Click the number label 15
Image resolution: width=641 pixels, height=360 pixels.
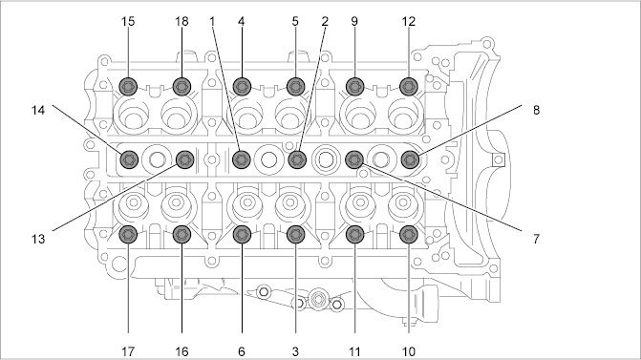(x=128, y=22)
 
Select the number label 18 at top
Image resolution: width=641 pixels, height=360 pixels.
(x=182, y=22)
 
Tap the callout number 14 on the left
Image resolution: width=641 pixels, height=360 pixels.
(x=38, y=110)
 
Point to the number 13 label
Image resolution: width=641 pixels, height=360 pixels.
(x=38, y=239)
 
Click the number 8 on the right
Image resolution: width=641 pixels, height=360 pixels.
(x=536, y=110)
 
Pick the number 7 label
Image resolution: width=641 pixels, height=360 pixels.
(x=536, y=239)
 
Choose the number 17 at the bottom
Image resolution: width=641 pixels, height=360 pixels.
(x=128, y=351)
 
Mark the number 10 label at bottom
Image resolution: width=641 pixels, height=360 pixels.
(x=409, y=351)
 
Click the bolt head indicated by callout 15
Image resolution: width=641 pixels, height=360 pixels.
(x=128, y=87)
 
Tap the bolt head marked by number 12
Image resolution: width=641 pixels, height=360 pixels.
(x=409, y=87)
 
